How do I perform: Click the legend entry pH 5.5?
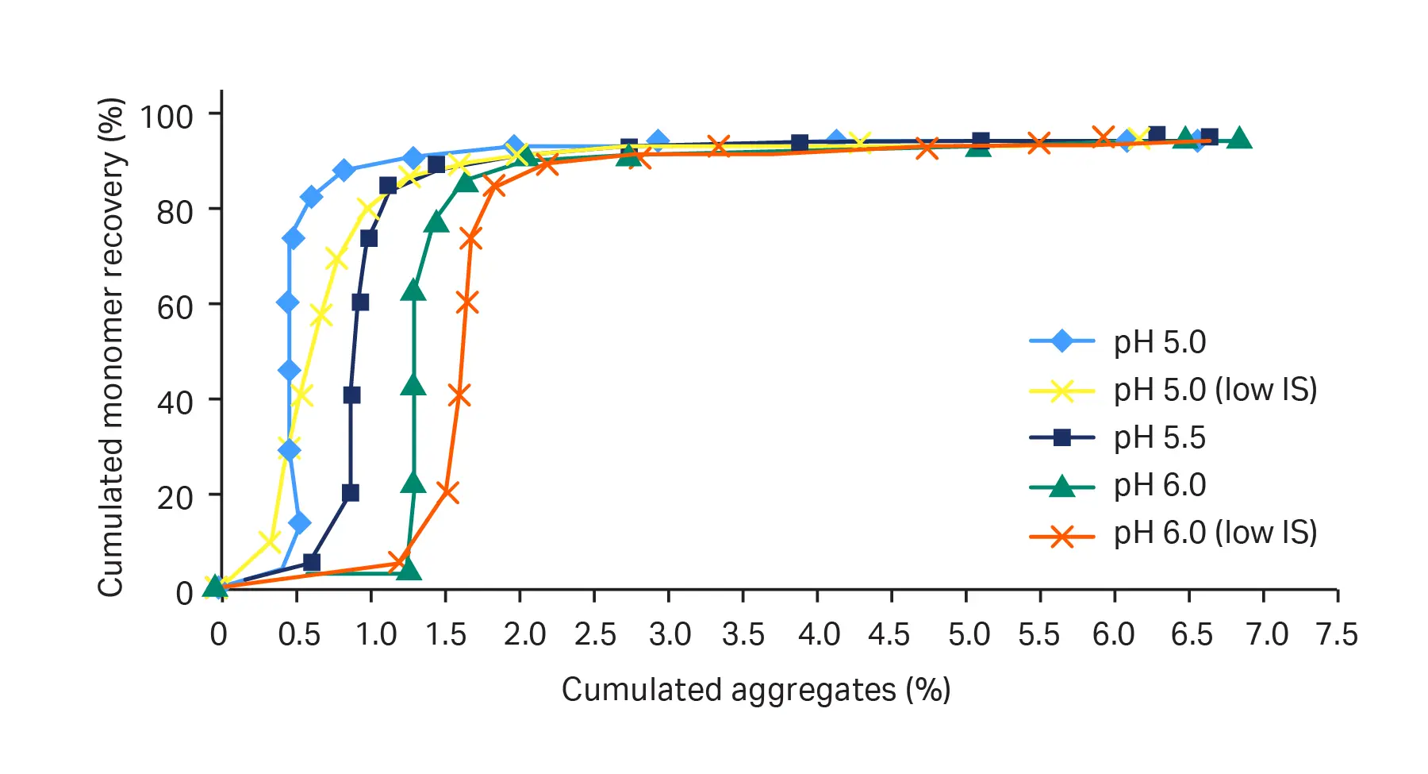pos(1159,437)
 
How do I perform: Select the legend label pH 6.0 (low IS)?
pos(1215,533)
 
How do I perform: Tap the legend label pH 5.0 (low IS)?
pos(1215,390)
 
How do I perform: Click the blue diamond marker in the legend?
pos(1061,342)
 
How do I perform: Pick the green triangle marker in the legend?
pos(1061,484)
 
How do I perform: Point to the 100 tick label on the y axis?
pos(166,117)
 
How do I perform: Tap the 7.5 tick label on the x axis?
pos(1337,635)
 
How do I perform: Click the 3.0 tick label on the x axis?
pos(669,635)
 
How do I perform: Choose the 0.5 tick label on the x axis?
pos(298,635)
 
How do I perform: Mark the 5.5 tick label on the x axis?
pos(1039,635)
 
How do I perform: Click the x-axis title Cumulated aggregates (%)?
pos(755,690)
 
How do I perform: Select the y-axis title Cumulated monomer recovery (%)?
pos(111,347)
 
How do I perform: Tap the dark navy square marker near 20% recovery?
pos(350,493)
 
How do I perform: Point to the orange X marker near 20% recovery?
pos(447,492)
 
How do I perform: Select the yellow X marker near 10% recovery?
pos(271,542)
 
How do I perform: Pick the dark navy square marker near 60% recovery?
pos(360,302)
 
